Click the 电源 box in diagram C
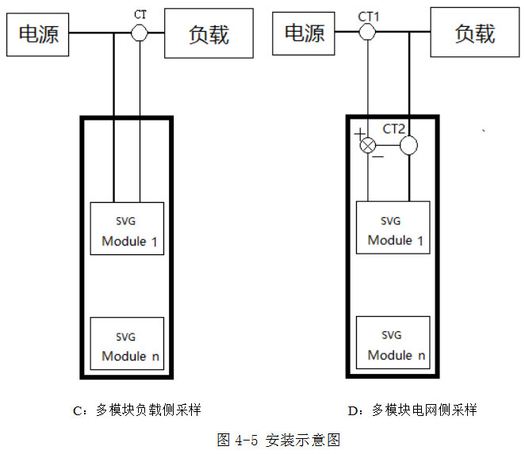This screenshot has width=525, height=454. click(x=38, y=34)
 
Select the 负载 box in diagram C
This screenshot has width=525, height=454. click(x=208, y=34)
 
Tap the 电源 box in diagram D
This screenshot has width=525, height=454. click(x=305, y=32)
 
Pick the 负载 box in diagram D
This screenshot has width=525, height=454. click(x=474, y=32)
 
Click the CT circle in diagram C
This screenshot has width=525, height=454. click(x=140, y=32)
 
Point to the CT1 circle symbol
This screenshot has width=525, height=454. click(x=367, y=32)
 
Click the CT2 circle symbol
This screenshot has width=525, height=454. click(x=408, y=146)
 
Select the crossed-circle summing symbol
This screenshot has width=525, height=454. click(x=368, y=146)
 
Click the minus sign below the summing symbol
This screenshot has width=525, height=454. click(x=377, y=156)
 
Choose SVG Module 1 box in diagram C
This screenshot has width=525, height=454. click(x=127, y=229)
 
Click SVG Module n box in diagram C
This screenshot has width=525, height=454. click(x=127, y=344)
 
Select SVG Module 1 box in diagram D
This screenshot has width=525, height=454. click(x=393, y=229)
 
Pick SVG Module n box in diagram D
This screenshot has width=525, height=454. click(x=393, y=344)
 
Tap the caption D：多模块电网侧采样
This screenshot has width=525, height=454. click(x=412, y=410)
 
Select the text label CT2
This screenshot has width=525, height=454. click(x=394, y=128)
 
